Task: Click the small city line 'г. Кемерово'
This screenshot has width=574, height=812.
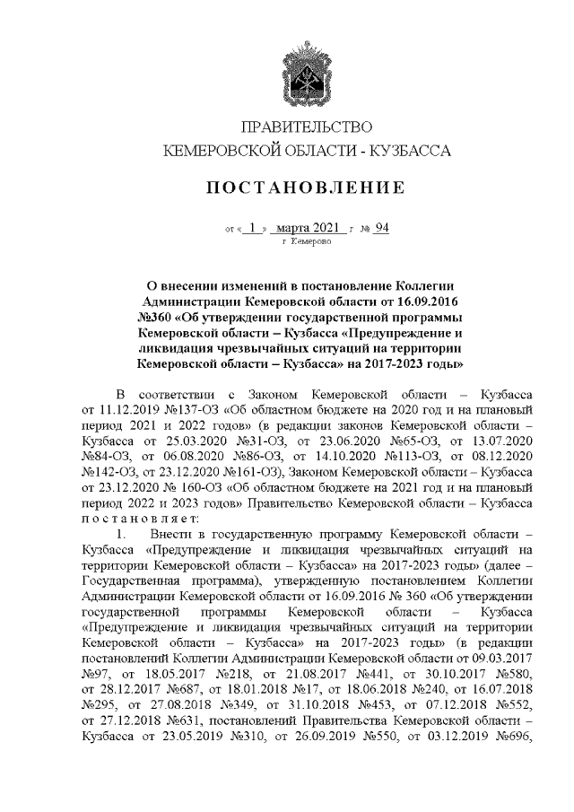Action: click(x=306, y=241)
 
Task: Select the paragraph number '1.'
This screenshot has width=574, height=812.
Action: click(x=127, y=534)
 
